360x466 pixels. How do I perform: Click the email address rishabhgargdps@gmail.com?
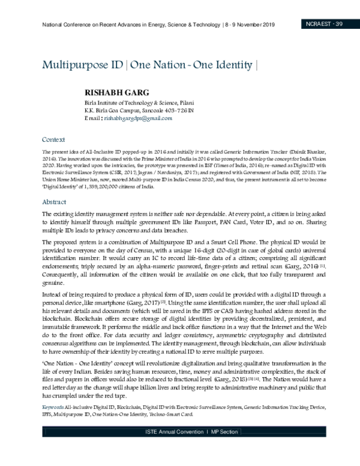tap(138, 119)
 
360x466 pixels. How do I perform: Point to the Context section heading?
tap(54, 138)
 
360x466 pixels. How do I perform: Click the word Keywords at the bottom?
tap(52, 414)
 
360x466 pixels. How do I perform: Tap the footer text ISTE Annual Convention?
tap(172, 449)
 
